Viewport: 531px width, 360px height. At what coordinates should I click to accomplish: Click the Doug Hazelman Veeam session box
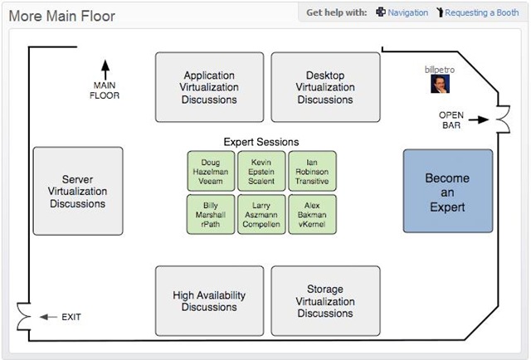211,171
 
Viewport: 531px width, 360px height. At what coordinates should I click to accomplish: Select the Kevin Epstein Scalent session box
261,171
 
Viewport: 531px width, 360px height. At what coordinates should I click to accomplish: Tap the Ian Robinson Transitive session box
312,171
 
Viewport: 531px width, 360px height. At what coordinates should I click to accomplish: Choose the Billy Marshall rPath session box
211,214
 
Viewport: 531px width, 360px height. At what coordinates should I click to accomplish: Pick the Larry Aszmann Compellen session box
261,214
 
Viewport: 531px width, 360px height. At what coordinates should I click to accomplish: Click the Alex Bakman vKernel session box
312,214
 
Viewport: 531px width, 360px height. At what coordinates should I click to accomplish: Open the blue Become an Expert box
448,191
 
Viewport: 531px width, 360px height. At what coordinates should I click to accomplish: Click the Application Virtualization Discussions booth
209,87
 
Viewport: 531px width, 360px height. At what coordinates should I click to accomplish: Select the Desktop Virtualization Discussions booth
325,87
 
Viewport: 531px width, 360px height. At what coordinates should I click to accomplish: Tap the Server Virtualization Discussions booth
78,191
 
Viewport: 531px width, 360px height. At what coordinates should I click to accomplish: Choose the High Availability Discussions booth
209,301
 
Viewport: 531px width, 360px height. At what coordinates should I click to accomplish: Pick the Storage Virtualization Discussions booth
325,301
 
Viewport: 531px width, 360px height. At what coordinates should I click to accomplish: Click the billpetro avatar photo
440,84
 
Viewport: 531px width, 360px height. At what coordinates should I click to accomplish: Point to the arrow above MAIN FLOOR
105,70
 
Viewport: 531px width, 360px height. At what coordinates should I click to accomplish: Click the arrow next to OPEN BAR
479,119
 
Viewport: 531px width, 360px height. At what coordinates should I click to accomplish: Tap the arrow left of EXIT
48,317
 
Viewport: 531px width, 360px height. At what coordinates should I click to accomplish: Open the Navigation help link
407,12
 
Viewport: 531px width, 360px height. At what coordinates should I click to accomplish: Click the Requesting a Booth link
481,12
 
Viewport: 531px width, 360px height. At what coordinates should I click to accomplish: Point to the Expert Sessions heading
261,142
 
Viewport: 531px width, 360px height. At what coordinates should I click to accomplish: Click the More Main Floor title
62,16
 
